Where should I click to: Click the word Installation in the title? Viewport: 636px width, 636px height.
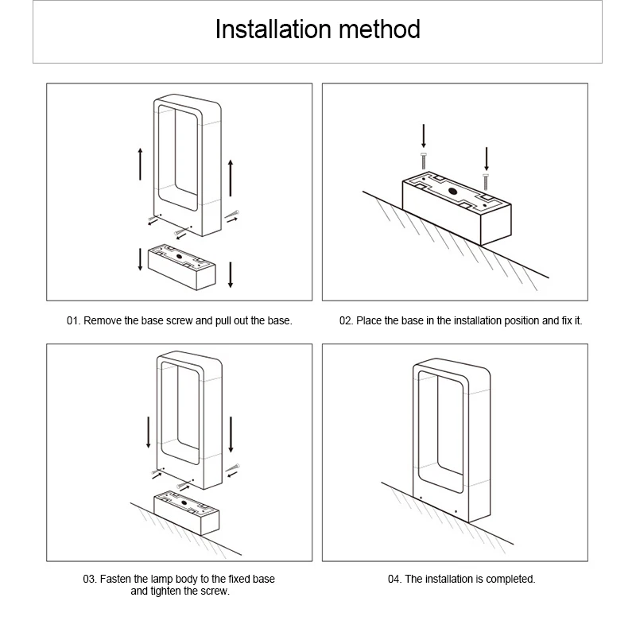pyautogui.click(x=266, y=30)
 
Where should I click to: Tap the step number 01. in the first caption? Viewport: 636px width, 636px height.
pyautogui.click(x=74, y=321)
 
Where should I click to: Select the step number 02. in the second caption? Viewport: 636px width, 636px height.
pyautogui.click(x=347, y=321)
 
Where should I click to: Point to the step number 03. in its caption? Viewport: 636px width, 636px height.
pyautogui.click(x=90, y=580)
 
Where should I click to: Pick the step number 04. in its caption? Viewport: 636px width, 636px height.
pyautogui.click(x=394, y=580)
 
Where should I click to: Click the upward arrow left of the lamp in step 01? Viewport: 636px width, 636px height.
pyautogui.click(x=141, y=163)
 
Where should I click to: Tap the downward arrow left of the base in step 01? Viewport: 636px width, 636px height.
pyautogui.click(x=141, y=259)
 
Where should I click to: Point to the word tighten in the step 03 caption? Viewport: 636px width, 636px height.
pyautogui.click(x=165, y=591)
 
